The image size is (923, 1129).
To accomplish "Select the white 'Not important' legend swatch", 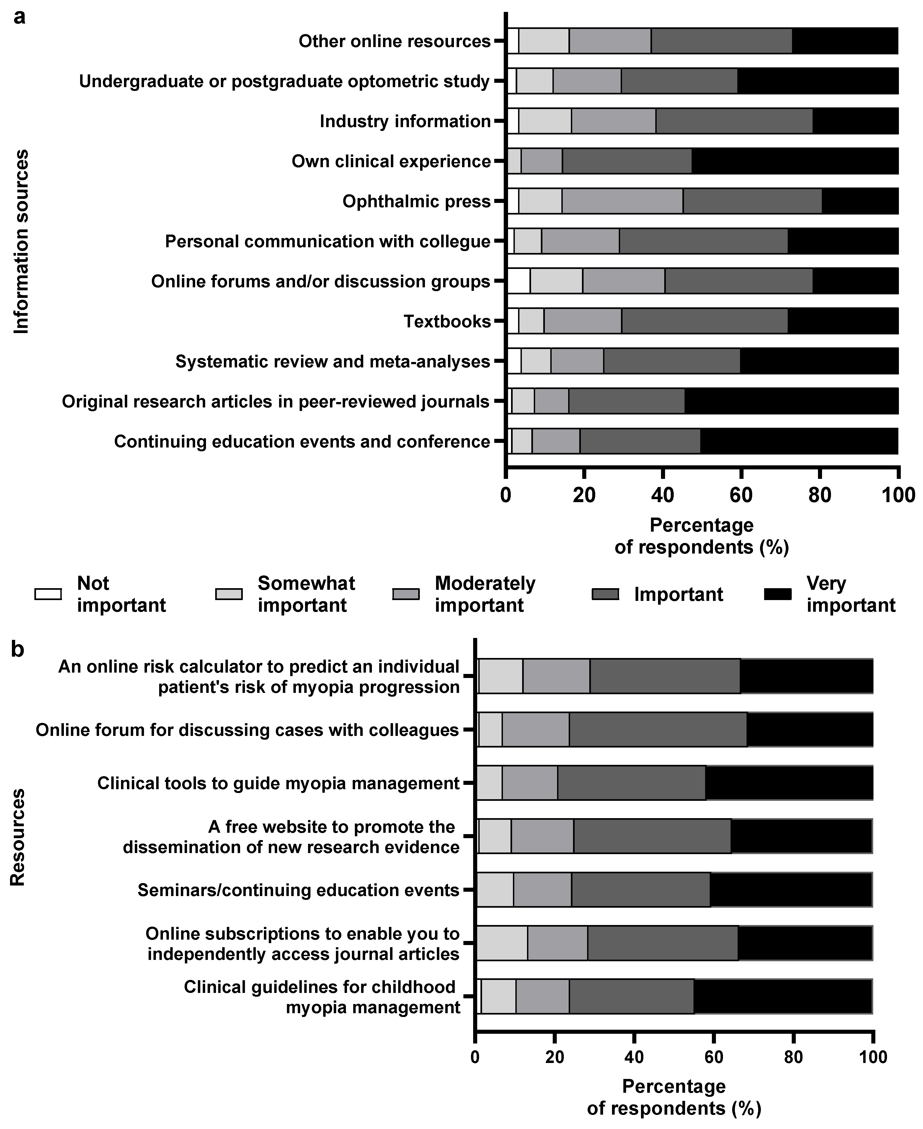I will pyautogui.click(x=48, y=594).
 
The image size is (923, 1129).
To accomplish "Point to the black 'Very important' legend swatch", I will pyautogui.click(x=777, y=594).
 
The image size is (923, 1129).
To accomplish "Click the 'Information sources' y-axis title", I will pyautogui.click(x=21, y=242).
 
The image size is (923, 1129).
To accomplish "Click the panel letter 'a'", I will pyautogui.click(x=19, y=17).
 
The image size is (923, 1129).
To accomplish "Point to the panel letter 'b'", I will pyautogui.click(x=18, y=649).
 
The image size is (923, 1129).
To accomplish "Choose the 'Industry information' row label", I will pyautogui.click(x=405, y=121).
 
